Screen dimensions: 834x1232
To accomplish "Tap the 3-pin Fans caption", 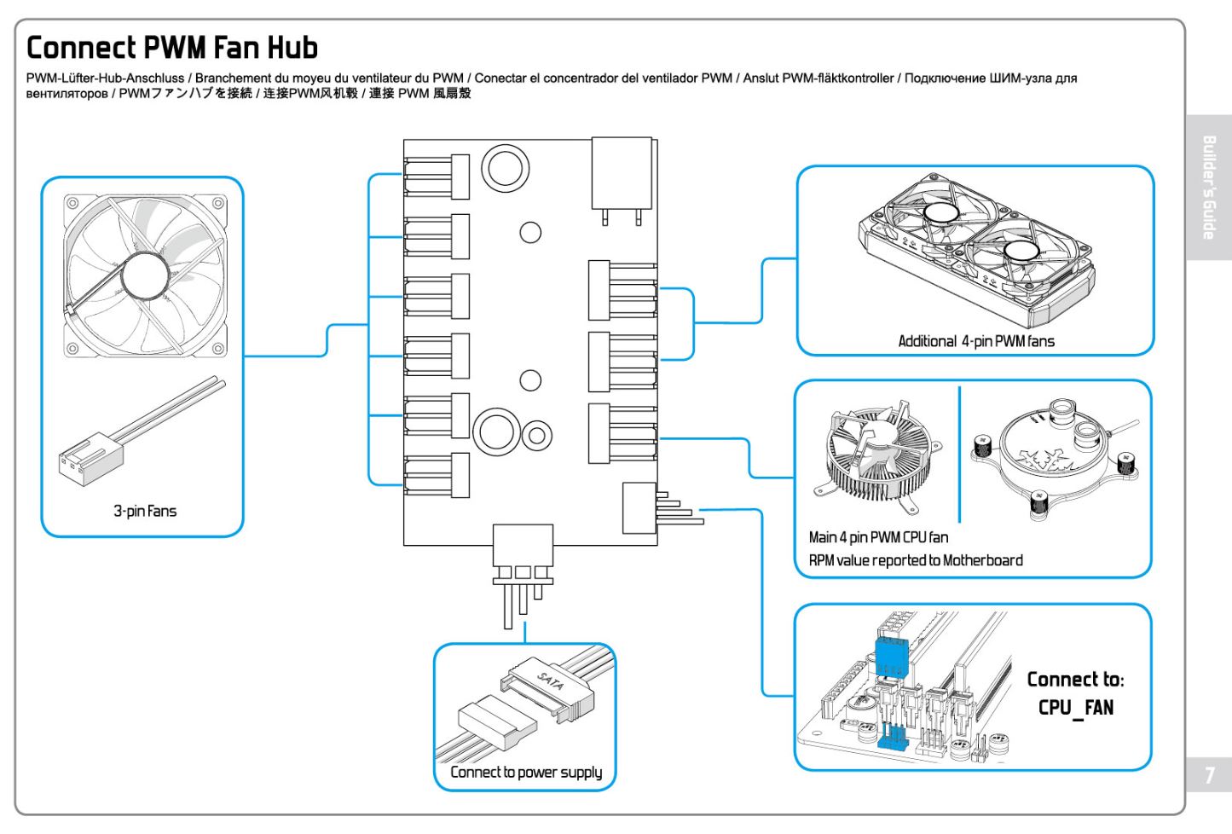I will click(x=145, y=511).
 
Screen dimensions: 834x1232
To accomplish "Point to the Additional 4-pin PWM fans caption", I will click(x=976, y=341).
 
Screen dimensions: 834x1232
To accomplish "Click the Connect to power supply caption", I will click(x=526, y=772).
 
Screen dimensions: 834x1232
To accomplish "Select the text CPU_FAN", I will click(x=1075, y=708).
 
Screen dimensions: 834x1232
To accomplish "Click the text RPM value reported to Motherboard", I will click(x=916, y=560).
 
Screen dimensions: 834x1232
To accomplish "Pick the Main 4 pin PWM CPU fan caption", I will click(x=878, y=537).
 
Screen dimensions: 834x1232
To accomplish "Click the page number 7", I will click(x=1209, y=775).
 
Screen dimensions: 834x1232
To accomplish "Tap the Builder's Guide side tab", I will click(x=1209, y=188).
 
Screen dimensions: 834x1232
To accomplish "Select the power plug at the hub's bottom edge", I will click(x=523, y=554).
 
